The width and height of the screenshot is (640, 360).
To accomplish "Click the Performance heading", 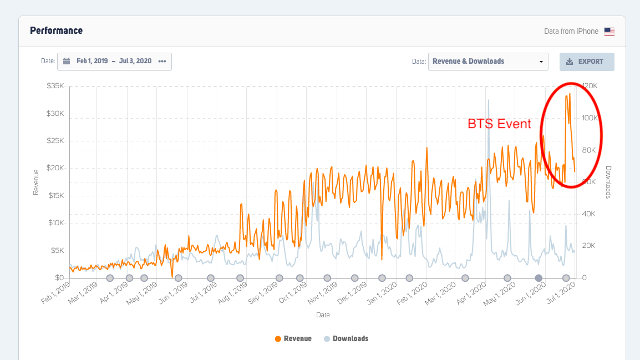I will [x=56, y=31].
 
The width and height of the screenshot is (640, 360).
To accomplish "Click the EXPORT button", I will [x=587, y=62].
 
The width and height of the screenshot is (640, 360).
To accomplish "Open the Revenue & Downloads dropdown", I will [x=488, y=62].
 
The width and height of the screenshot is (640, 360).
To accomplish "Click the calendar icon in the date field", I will [x=67, y=62].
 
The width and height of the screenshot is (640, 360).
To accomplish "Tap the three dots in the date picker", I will [x=162, y=62].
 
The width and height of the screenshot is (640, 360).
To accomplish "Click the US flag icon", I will [x=609, y=32].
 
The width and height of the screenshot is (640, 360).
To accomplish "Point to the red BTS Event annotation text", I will [x=499, y=124].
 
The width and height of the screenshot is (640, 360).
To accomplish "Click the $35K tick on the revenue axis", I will [x=55, y=86].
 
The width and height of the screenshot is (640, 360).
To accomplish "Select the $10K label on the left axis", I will [x=55, y=223].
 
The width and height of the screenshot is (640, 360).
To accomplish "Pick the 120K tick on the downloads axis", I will [x=590, y=86].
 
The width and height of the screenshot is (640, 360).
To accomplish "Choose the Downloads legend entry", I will [x=350, y=338].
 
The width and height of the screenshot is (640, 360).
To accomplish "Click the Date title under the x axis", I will [x=323, y=315].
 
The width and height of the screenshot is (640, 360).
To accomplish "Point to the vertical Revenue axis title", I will [x=36, y=182].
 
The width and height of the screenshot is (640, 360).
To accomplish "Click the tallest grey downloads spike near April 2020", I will [x=489, y=101].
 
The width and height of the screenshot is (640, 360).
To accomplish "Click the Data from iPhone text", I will [x=571, y=32].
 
